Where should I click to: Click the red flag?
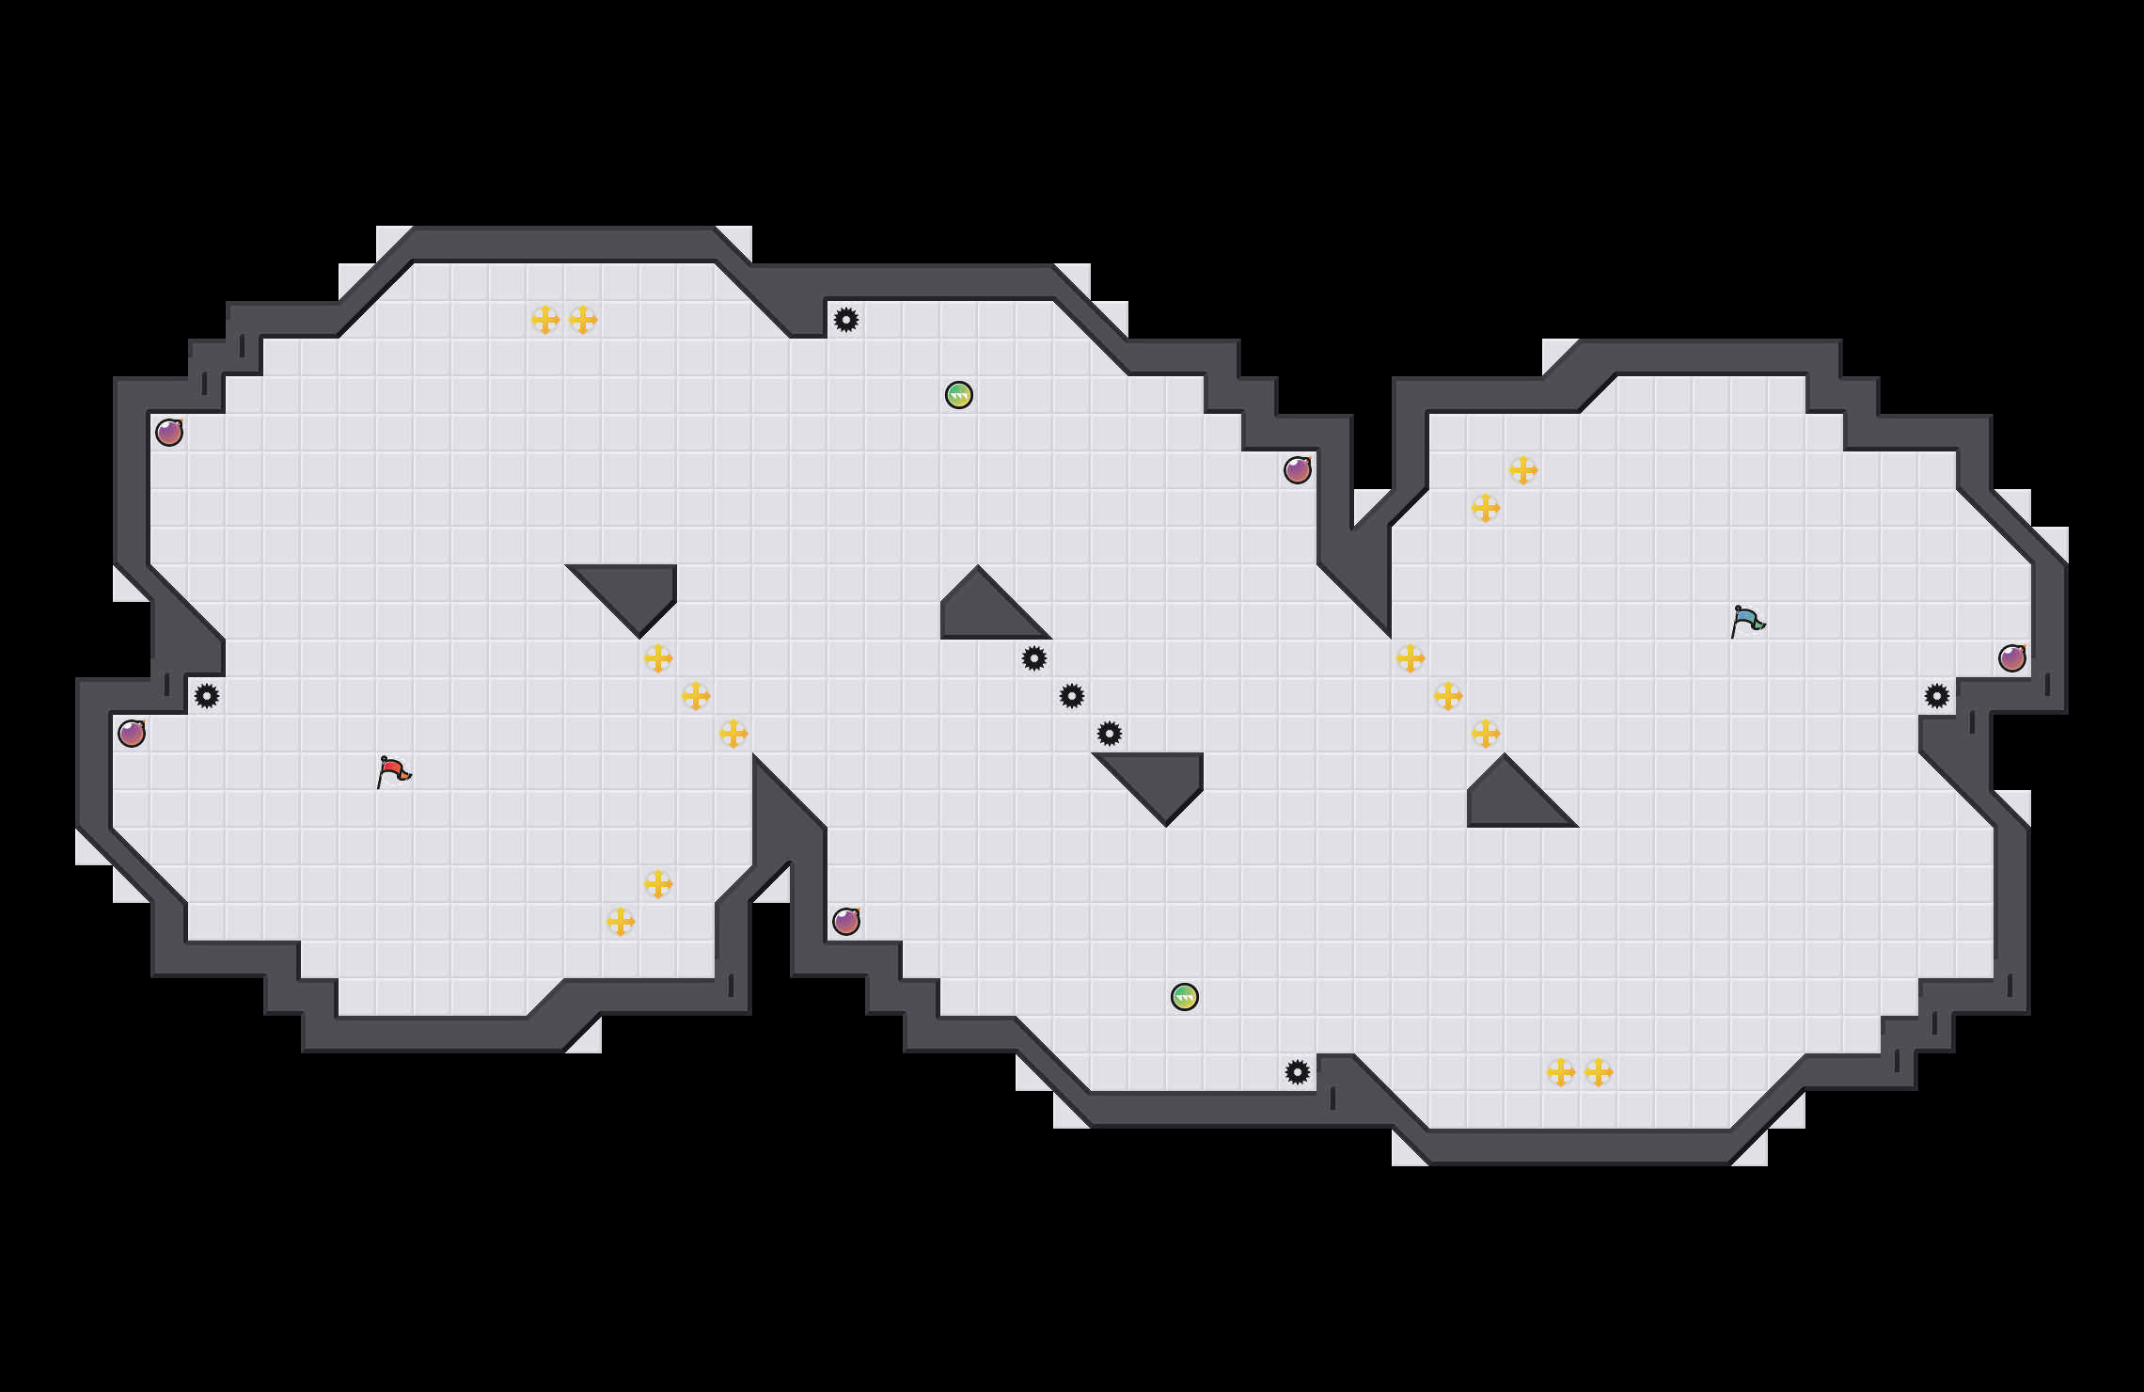(393, 772)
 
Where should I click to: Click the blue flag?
(1747, 622)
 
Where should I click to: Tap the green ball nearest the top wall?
(959, 395)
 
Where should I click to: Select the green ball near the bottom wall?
(1185, 997)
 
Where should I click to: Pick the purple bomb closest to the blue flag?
(2012, 658)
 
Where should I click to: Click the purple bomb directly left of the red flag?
(132, 734)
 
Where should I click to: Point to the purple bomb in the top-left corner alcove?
(169, 433)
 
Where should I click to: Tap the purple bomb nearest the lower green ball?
(846, 922)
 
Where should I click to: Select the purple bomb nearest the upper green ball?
(1298, 470)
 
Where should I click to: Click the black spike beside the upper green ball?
(846, 320)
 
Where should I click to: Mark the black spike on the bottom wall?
(1298, 1072)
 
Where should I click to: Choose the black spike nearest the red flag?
(207, 696)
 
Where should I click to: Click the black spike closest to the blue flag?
(1937, 696)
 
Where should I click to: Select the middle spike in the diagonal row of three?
(1072, 696)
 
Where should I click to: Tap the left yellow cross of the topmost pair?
(545, 320)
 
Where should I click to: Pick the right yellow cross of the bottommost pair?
(1599, 1072)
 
